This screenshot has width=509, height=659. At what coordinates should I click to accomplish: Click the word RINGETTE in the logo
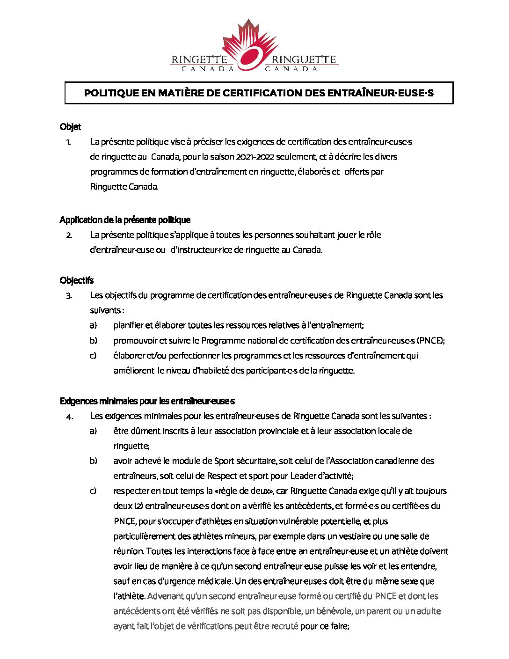click(x=199, y=60)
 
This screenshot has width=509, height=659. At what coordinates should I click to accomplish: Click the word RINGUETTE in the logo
click(x=304, y=60)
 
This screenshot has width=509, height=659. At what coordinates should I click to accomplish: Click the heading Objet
click(x=70, y=127)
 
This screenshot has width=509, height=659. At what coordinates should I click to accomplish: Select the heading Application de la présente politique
click(x=125, y=220)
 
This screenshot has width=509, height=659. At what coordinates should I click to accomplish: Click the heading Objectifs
click(x=77, y=280)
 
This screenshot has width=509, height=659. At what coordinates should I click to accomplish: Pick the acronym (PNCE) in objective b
click(x=430, y=341)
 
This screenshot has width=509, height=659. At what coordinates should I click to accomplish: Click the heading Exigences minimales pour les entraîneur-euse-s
click(x=147, y=401)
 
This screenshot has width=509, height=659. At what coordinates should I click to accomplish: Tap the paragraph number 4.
click(x=69, y=416)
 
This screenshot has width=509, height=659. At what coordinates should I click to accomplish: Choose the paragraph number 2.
click(x=69, y=235)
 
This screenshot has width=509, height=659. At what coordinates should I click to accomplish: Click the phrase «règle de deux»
click(x=243, y=491)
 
